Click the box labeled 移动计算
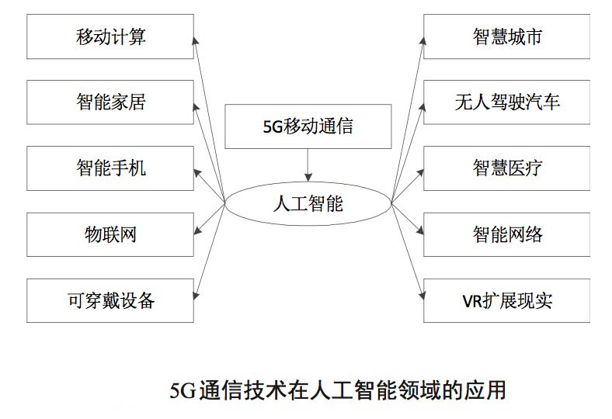110,36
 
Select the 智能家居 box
110,102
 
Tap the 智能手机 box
110,168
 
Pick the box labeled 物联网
110,234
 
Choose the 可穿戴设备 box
110,300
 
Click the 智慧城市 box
506,36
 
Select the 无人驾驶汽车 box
506,102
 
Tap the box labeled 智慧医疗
506,168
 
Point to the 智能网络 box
506,234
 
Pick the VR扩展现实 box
506,300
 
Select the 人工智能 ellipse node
308,204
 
